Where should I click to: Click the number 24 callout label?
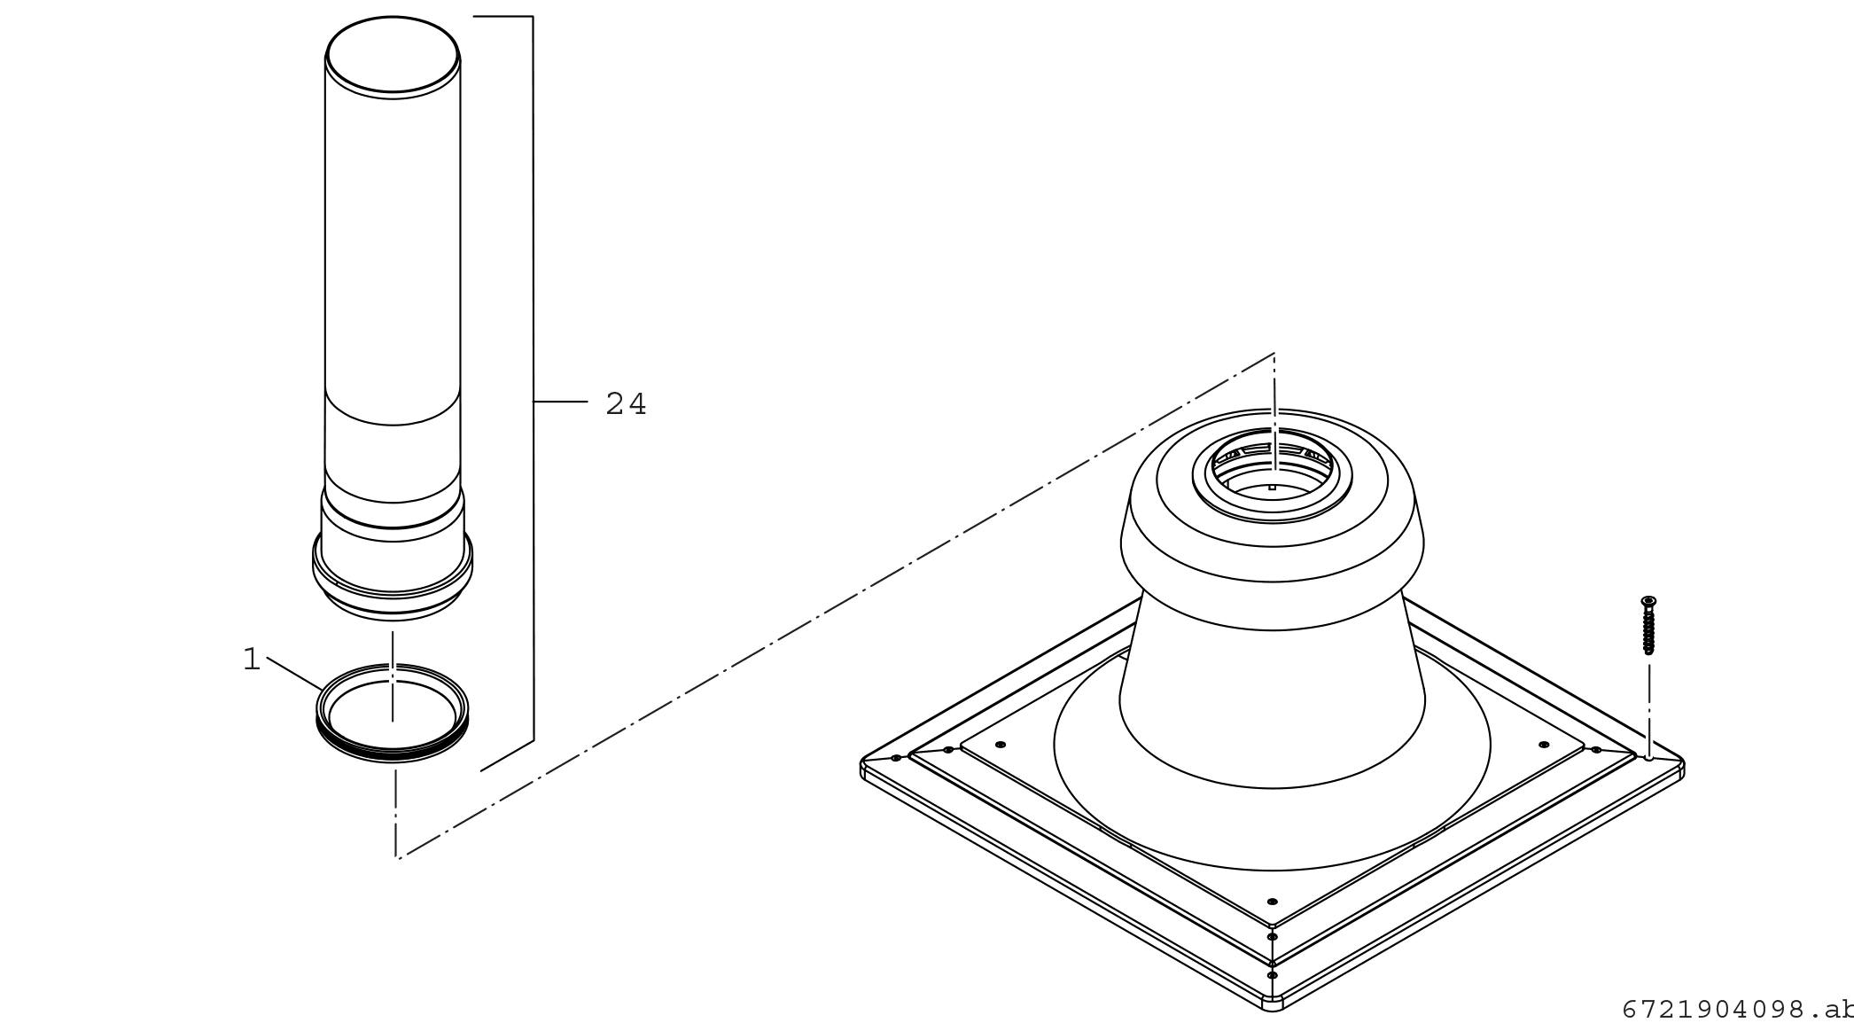(x=626, y=404)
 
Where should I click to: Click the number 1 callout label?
(x=252, y=660)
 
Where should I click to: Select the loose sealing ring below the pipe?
(x=393, y=713)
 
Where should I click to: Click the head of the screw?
(x=1648, y=602)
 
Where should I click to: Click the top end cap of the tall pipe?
(x=393, y=54)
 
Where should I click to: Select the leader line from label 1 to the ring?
(x=293, y=674)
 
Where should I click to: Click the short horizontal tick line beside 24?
(x=560, y=402)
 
